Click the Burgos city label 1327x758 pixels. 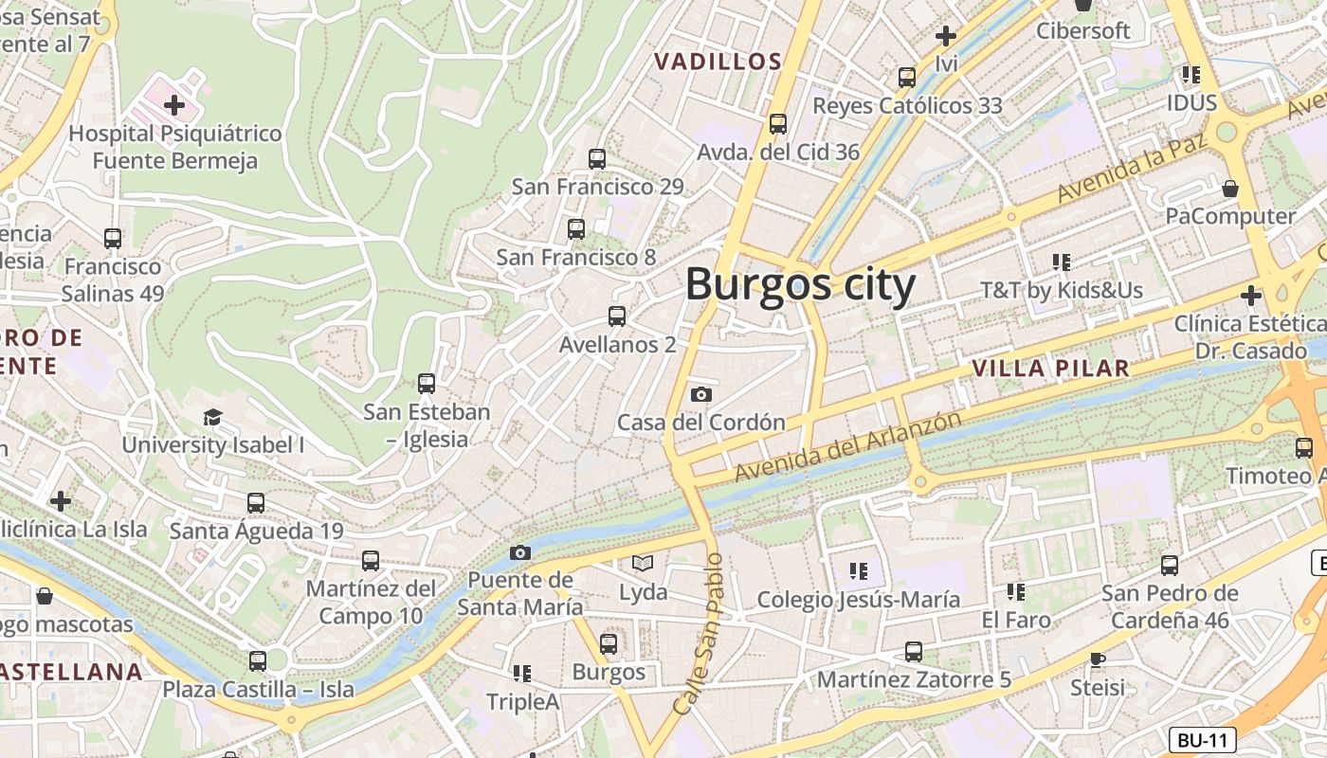click(800, 284)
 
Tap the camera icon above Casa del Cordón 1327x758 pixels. click(701, 394)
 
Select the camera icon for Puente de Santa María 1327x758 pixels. click(520, 552)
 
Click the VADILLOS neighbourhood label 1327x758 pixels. click(718, 62)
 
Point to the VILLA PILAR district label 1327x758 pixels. click(1051, 368)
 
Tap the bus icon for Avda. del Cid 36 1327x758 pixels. click(778, 123)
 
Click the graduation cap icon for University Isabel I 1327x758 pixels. click(212, 417)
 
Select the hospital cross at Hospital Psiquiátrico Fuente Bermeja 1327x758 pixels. click(173, 105)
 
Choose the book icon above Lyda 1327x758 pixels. click(643, 564)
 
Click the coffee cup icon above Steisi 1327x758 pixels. click(1098, 659)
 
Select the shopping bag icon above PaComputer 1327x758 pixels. click(1229, 189)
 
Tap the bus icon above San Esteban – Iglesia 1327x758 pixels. click(427, 384)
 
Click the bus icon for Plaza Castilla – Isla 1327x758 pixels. click(258, 660)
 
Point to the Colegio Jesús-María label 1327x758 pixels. click(858, 600)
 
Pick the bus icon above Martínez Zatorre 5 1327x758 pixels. click(913, 652)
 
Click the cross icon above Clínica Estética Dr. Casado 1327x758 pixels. click(1250, 296)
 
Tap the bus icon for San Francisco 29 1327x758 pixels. click(597, 158)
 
